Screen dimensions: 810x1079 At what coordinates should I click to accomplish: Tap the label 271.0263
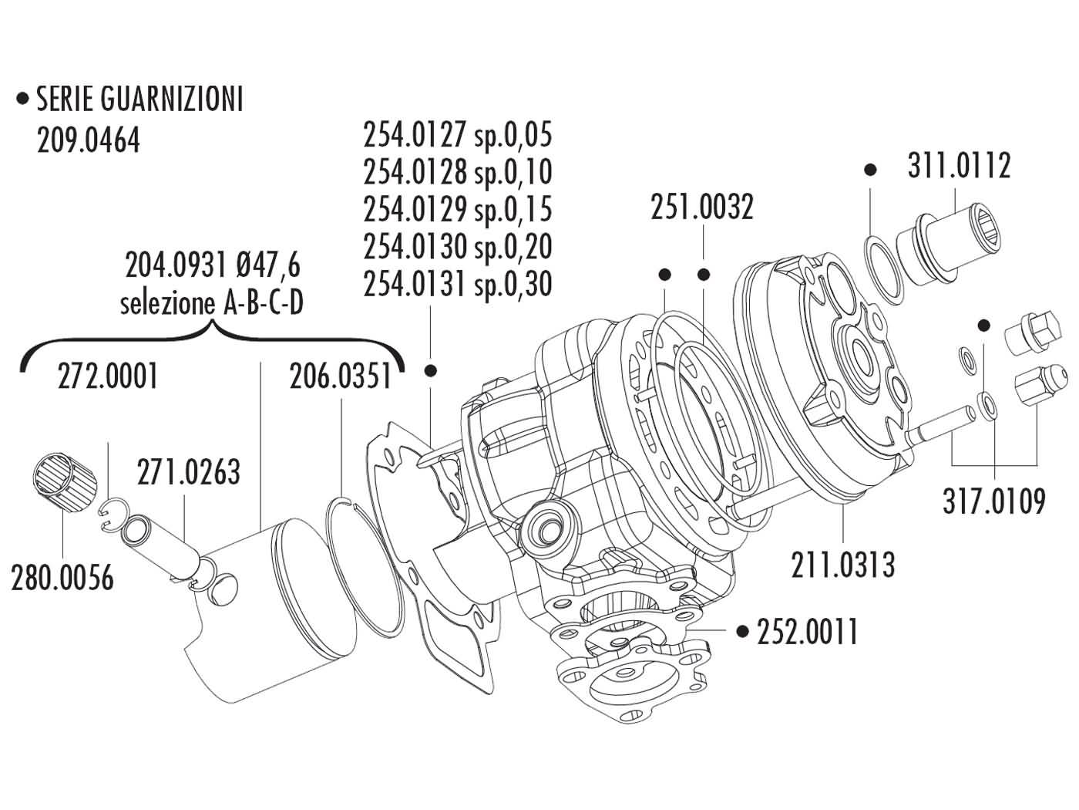(189, 471)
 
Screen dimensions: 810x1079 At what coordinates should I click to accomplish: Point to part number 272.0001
(109, 377)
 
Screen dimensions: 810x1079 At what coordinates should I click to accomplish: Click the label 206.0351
(340, 377)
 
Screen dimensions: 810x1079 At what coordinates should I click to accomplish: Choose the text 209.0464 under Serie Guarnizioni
(89, 140)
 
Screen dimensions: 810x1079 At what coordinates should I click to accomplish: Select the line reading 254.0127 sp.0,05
(458, 136)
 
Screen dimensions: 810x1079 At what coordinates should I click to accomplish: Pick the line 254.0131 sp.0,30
(458, 285)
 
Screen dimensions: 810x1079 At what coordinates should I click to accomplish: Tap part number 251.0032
(701, 208)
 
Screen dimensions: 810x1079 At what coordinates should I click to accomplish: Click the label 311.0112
(958, 167)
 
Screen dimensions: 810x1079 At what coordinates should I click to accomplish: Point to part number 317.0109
(994, 502)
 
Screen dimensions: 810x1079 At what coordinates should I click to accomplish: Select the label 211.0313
(843, 565)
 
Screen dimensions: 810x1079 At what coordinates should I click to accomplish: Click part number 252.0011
(807, 633)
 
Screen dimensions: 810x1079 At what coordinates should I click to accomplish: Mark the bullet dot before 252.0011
(742, 633)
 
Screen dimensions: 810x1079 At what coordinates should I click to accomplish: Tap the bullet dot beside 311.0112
(871, 169)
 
